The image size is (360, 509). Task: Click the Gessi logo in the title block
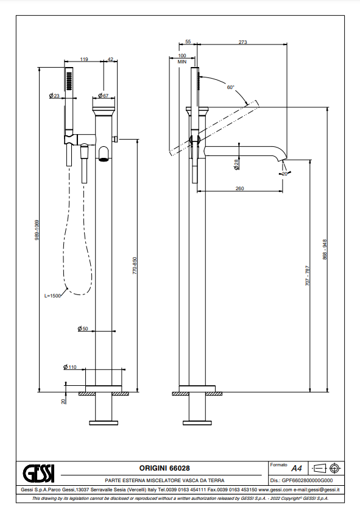(38, 473)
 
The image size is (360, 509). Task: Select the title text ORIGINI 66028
(164, 468)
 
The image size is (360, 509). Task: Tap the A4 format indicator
(297, 468)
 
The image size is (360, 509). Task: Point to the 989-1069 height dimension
(37, 230)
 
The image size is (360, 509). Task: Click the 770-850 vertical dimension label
(135, 266)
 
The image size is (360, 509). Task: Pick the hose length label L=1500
(52, 296)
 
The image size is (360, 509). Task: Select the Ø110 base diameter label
(69, 367)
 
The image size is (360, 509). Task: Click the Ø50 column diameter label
(83, 329)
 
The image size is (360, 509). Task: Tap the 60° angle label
(231, 87)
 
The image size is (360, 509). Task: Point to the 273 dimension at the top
(242, 42)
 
